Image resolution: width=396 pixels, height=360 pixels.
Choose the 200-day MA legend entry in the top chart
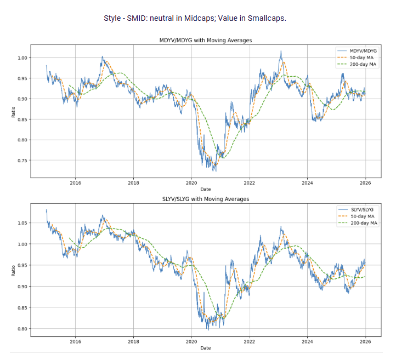point(361,65)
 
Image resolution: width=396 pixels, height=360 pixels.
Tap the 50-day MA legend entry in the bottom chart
point(363,216)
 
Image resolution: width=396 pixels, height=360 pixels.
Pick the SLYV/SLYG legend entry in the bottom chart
point(363,209)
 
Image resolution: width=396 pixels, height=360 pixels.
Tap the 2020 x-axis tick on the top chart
point(191,183)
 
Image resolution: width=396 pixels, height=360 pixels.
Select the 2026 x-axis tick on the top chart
point(365,183)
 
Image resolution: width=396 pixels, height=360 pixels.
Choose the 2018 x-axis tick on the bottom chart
point(133,341)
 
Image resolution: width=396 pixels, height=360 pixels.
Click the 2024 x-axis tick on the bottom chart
point(307,341)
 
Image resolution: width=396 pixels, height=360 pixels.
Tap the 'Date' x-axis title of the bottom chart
point(205,348)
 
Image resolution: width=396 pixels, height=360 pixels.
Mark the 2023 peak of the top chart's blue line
point(281,52)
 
